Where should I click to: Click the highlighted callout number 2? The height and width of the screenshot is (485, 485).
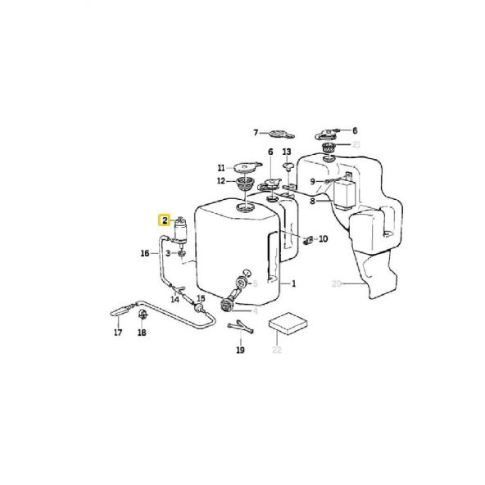pos(165,220)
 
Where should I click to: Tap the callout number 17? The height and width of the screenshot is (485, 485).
pos(117,333)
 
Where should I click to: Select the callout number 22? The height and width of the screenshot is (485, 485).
pos(276,350)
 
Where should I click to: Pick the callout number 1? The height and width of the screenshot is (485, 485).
pos(292,284)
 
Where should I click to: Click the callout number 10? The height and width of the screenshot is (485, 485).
pos(323,239)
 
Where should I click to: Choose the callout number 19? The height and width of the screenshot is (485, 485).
pos(240,350)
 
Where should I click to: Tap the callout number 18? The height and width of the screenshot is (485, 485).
pos(142,333)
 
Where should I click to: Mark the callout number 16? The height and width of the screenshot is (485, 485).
pos(144,253)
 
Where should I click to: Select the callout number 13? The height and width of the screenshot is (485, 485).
pos(286,152)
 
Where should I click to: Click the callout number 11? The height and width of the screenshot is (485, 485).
pos(220,167)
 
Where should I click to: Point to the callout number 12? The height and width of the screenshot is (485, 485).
pos(220,180)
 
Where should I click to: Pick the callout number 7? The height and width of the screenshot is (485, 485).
pos(255,133)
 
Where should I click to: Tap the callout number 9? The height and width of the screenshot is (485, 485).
pos(312,181)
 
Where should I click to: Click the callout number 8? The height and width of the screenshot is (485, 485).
pos(312,199)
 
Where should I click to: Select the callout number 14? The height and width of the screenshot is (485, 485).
pos(174,300)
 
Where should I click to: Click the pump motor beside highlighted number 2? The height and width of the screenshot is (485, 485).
pos(182,232)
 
